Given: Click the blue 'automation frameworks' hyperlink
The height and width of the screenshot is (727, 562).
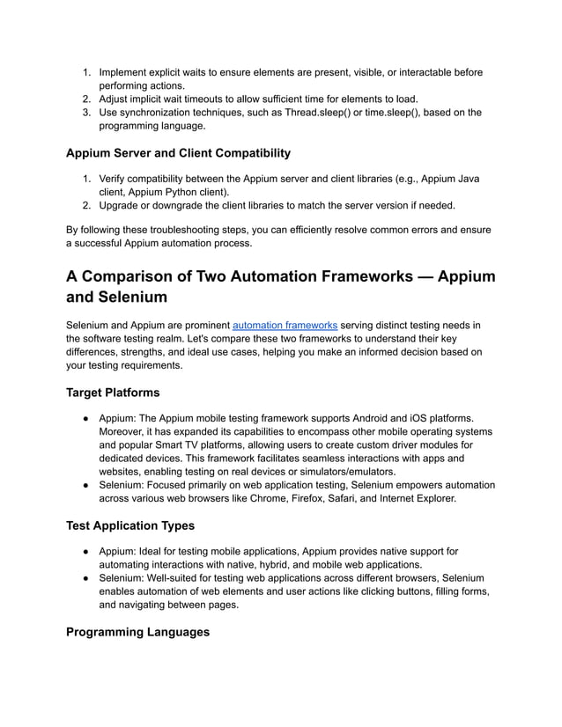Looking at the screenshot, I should pos(285,324).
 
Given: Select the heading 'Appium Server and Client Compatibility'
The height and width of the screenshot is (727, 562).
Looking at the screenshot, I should pos(178,153).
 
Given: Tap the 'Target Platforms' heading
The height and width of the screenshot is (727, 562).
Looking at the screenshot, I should pos(113,392).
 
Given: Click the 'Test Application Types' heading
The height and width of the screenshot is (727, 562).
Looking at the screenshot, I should pos(130,526).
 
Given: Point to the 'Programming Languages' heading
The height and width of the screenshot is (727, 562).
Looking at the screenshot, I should pos(137,632).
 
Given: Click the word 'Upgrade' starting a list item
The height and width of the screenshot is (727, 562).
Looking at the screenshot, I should pos(122,205).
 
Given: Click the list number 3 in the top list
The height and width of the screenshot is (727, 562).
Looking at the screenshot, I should pos(86,112).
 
